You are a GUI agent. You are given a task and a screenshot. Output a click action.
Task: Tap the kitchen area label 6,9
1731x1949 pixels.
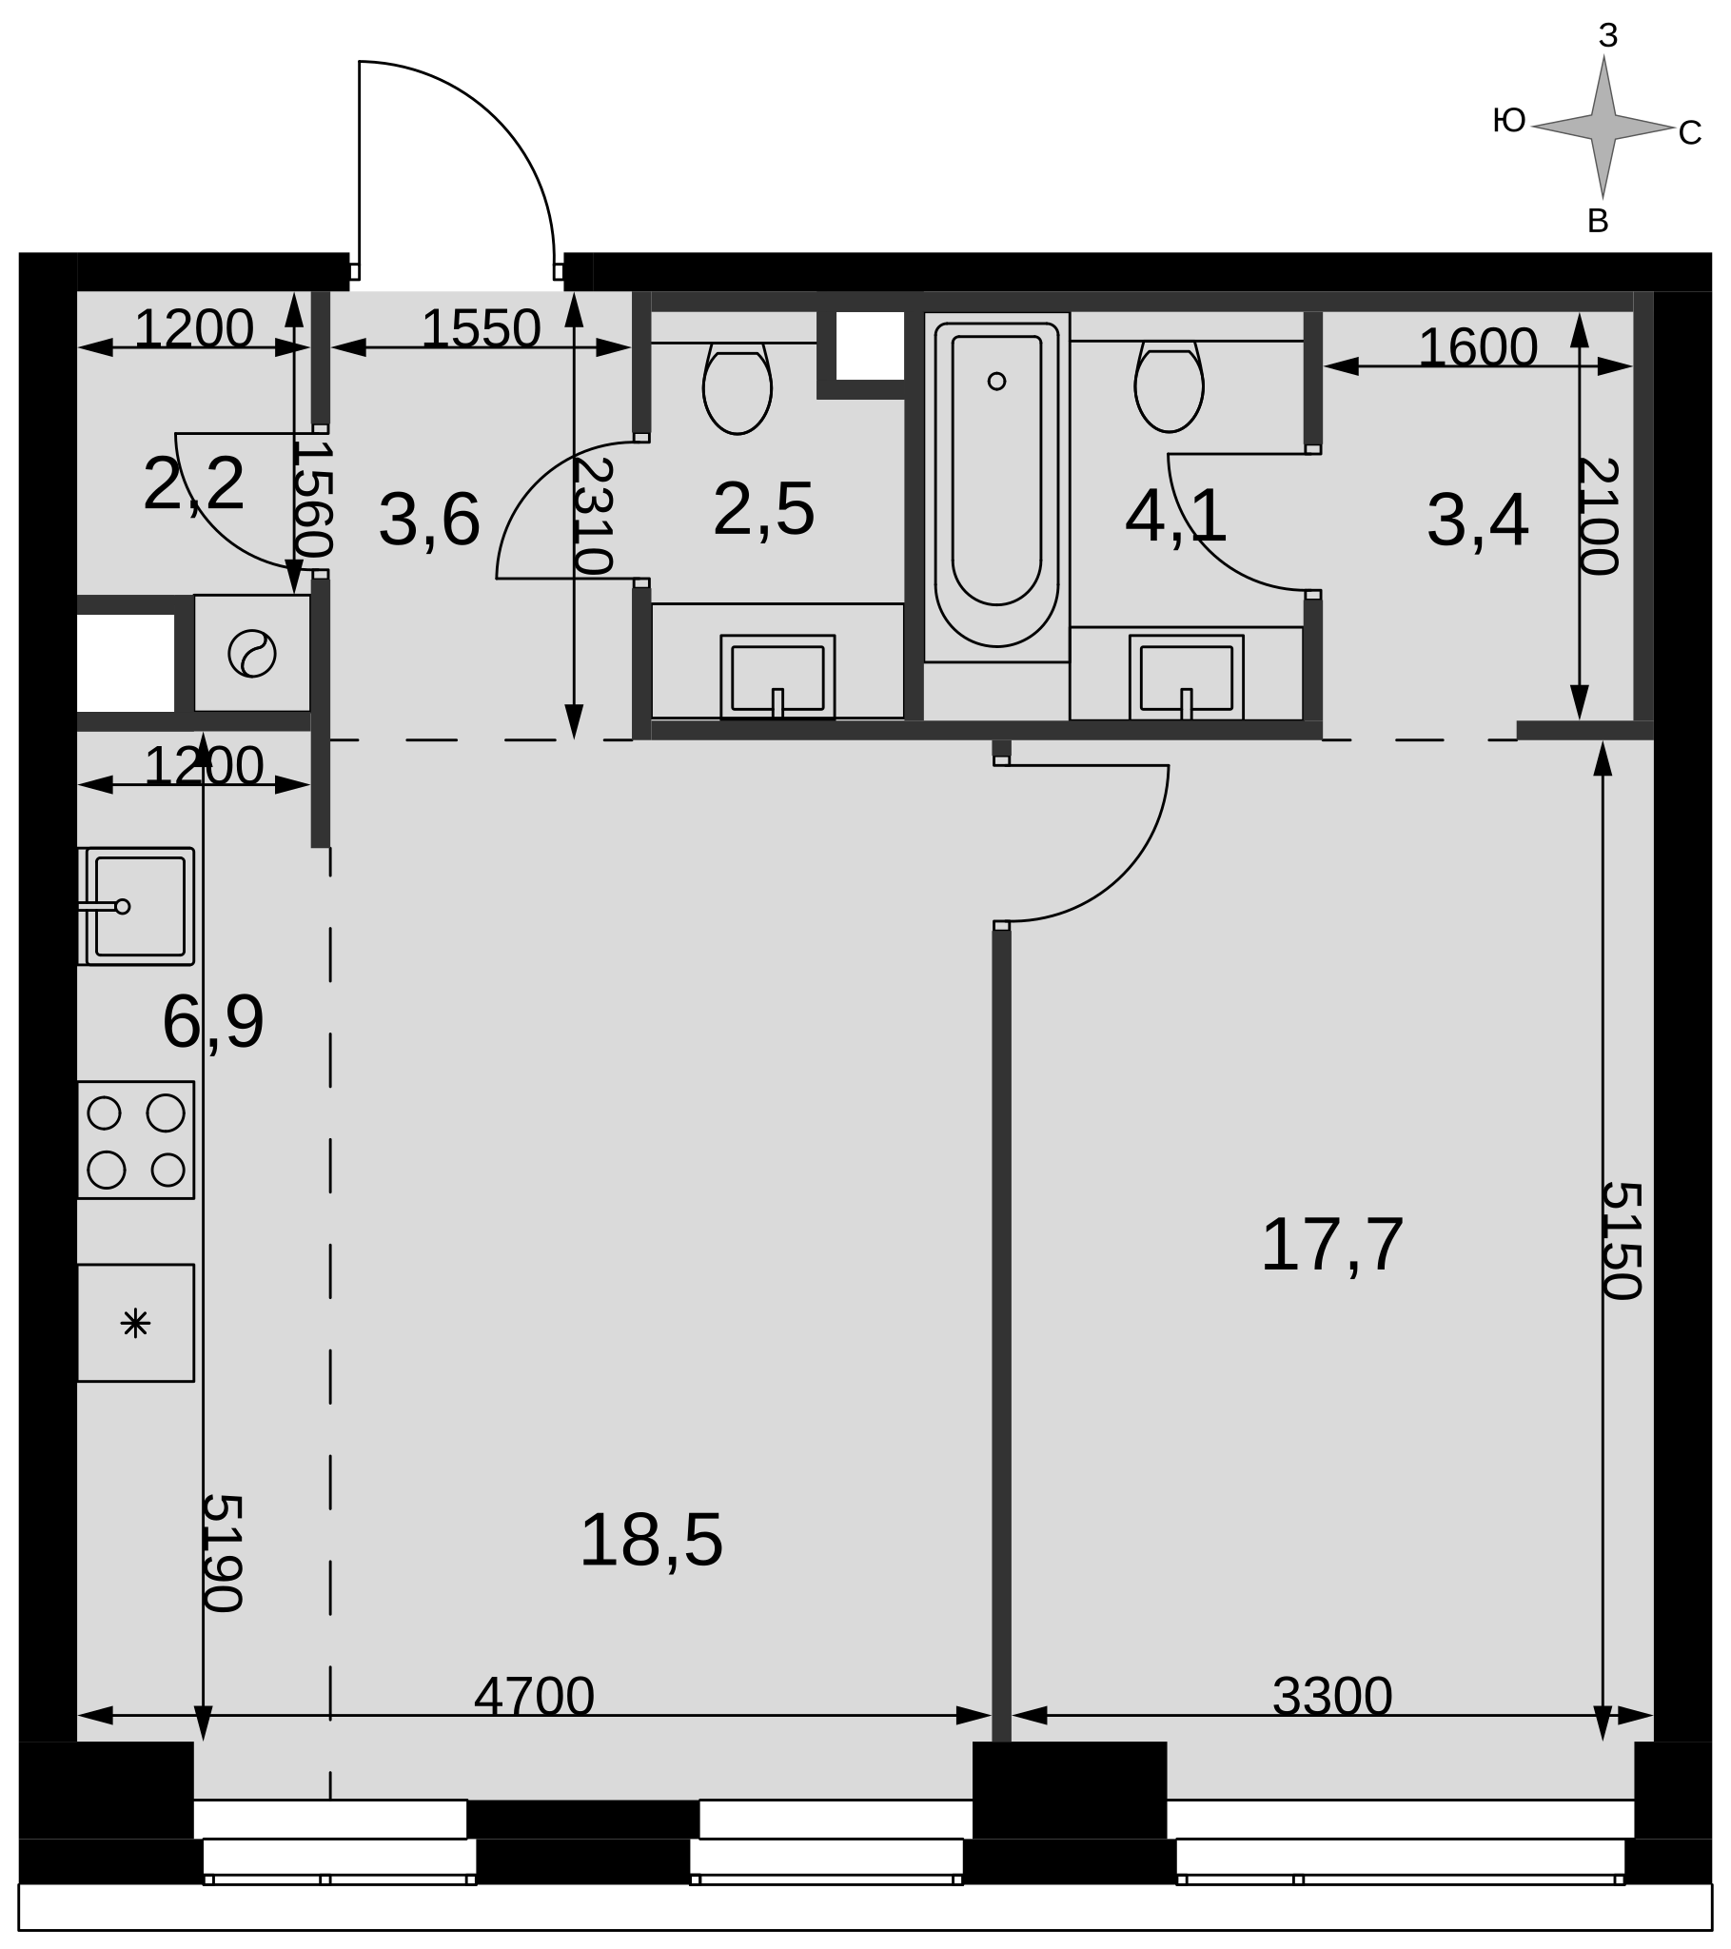click(x=212, y=1022)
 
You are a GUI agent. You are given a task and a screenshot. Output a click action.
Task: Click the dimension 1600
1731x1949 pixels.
click(x=1477, y=347)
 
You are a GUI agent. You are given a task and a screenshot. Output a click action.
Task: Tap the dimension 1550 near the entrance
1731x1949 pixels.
click(x=481, y=328)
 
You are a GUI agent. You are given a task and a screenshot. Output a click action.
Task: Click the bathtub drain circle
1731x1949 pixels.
click(x=996, y=382)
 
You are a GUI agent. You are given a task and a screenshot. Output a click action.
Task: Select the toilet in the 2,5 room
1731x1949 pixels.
click(x=738, y=388)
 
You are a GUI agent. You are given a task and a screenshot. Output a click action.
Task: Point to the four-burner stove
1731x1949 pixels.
click(x=135, y=1139)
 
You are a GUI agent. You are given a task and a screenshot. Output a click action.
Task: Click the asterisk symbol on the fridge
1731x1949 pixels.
click(x=135, y=1324)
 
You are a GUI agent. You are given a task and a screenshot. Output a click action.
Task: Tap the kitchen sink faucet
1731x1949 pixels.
click(x=104, y=907)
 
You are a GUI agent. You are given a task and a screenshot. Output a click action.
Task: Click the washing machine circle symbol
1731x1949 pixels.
click(x=252, y=654)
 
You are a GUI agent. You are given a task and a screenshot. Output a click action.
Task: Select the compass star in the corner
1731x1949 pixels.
click(x=1603, y=127)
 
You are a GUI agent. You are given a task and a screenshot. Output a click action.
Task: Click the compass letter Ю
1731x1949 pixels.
click(x=1509, y=120)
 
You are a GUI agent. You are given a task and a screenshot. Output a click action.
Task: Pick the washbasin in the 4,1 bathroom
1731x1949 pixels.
click(x=1187, y=678)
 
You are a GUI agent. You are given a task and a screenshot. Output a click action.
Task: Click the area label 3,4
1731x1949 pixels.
click(x=1477, y=521)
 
